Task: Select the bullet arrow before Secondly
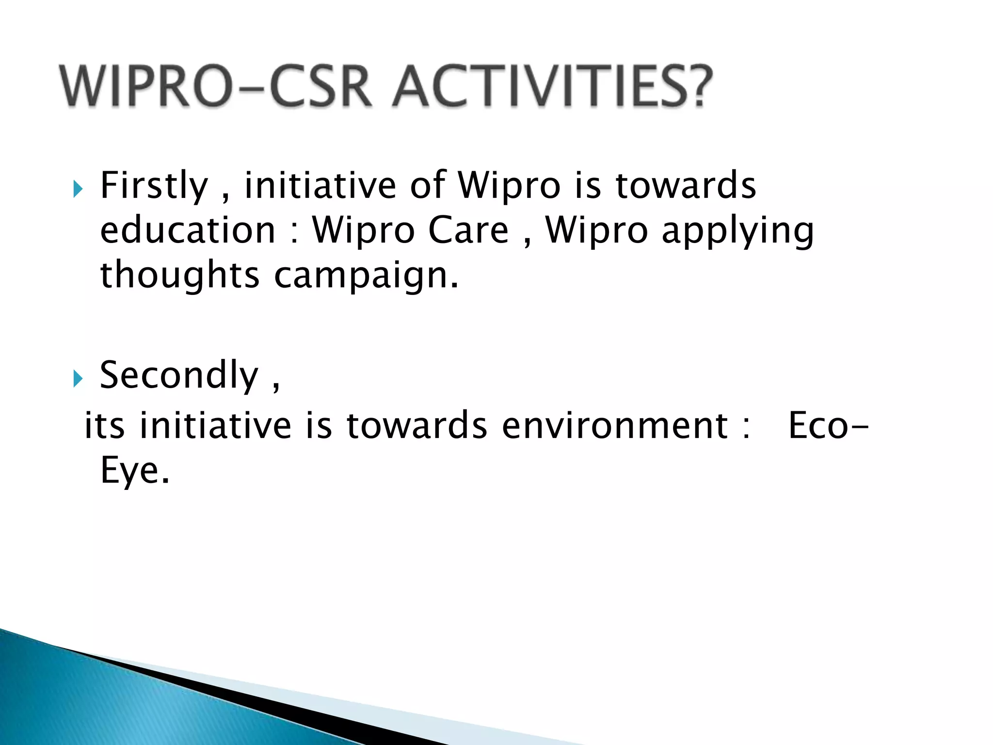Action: click(78, 378)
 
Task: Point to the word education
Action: click(188, 230)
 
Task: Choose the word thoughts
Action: click(180, 275)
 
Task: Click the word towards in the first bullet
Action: click(686, 186)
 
